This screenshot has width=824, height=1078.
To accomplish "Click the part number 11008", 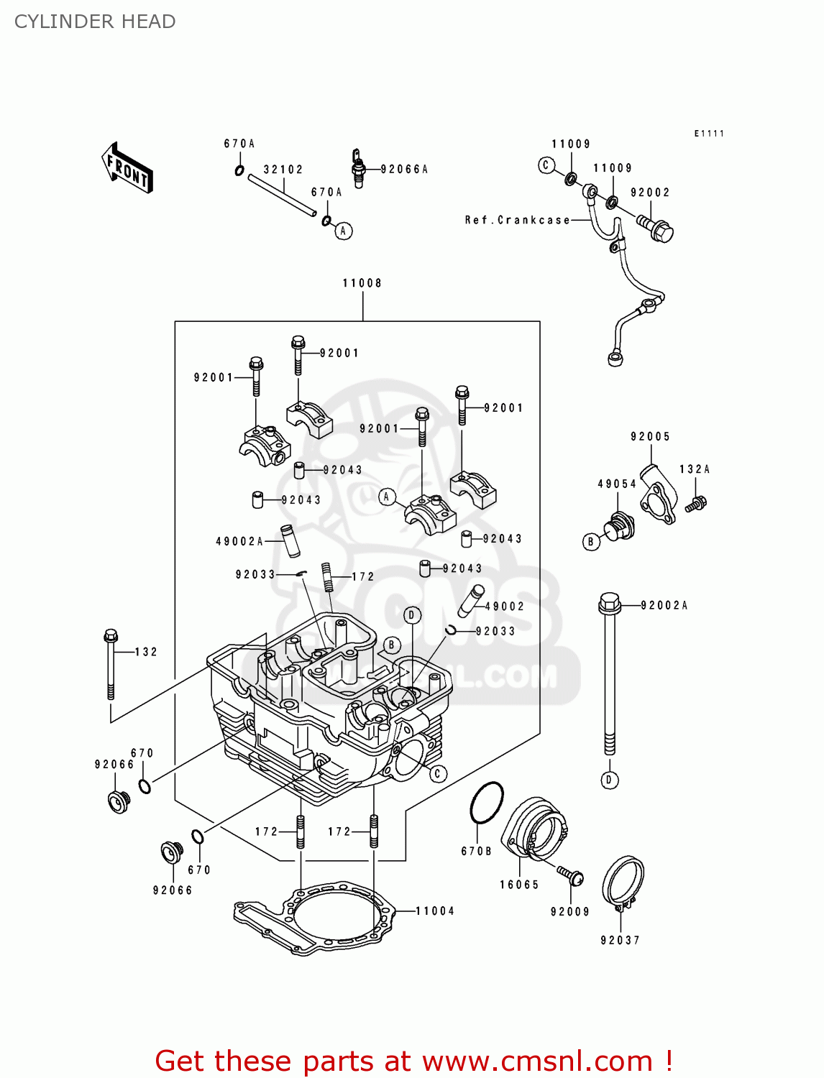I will pos(362,283).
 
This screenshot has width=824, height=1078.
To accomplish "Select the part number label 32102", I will pos(283,170).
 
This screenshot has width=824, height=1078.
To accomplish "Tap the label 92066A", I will pos(404,170).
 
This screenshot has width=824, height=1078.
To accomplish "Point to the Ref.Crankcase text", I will pos(517,220).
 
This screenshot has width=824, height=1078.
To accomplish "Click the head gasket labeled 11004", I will pos(316,922).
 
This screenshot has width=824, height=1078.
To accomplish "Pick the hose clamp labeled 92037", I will pos(622,883).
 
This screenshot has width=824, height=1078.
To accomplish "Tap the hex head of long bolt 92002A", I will pos(609,602).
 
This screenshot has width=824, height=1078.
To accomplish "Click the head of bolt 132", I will pos(111,636).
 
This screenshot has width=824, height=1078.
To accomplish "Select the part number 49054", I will pos(617,484).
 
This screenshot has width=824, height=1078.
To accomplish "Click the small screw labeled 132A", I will pos(695,504).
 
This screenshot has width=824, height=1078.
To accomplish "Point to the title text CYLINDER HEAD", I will pos(95,22).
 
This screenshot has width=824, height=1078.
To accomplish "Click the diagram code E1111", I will pos(709,134).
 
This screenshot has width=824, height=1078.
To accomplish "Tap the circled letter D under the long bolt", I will pos(610,780).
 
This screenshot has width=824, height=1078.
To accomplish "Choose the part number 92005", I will pos(650,436).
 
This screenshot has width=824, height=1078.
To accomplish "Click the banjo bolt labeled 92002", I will pos(656,229).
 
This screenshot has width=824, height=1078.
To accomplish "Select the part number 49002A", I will pos(239,541).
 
